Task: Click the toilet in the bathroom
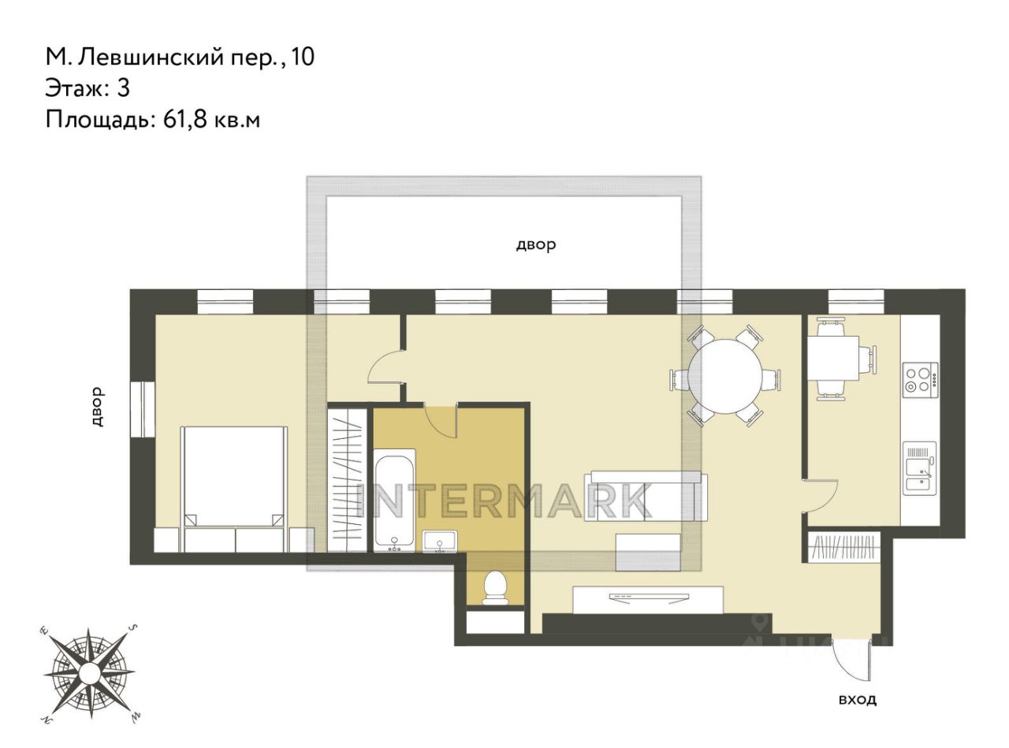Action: click(x=495, y=588)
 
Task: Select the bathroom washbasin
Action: click(x=439, y=541)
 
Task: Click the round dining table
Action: click(x=724, y=376)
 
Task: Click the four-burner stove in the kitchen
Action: click(x=920, y=380)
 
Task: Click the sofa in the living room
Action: click(x=646, y=497)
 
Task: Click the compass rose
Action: click(x=89, y=670)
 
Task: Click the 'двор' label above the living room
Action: click(x=535, y=245)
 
